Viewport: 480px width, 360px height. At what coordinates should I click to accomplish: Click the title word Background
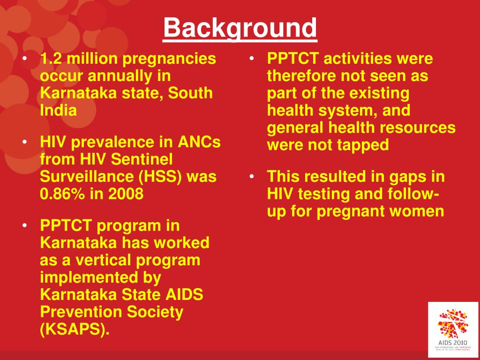point(240,28)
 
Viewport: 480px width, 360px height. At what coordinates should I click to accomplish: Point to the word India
point(58,111)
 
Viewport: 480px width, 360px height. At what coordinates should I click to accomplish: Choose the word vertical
point(109,260)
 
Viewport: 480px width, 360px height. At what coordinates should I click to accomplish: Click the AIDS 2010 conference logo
point(453,329)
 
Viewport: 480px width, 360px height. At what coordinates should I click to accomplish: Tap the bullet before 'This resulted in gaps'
point(252,177)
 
